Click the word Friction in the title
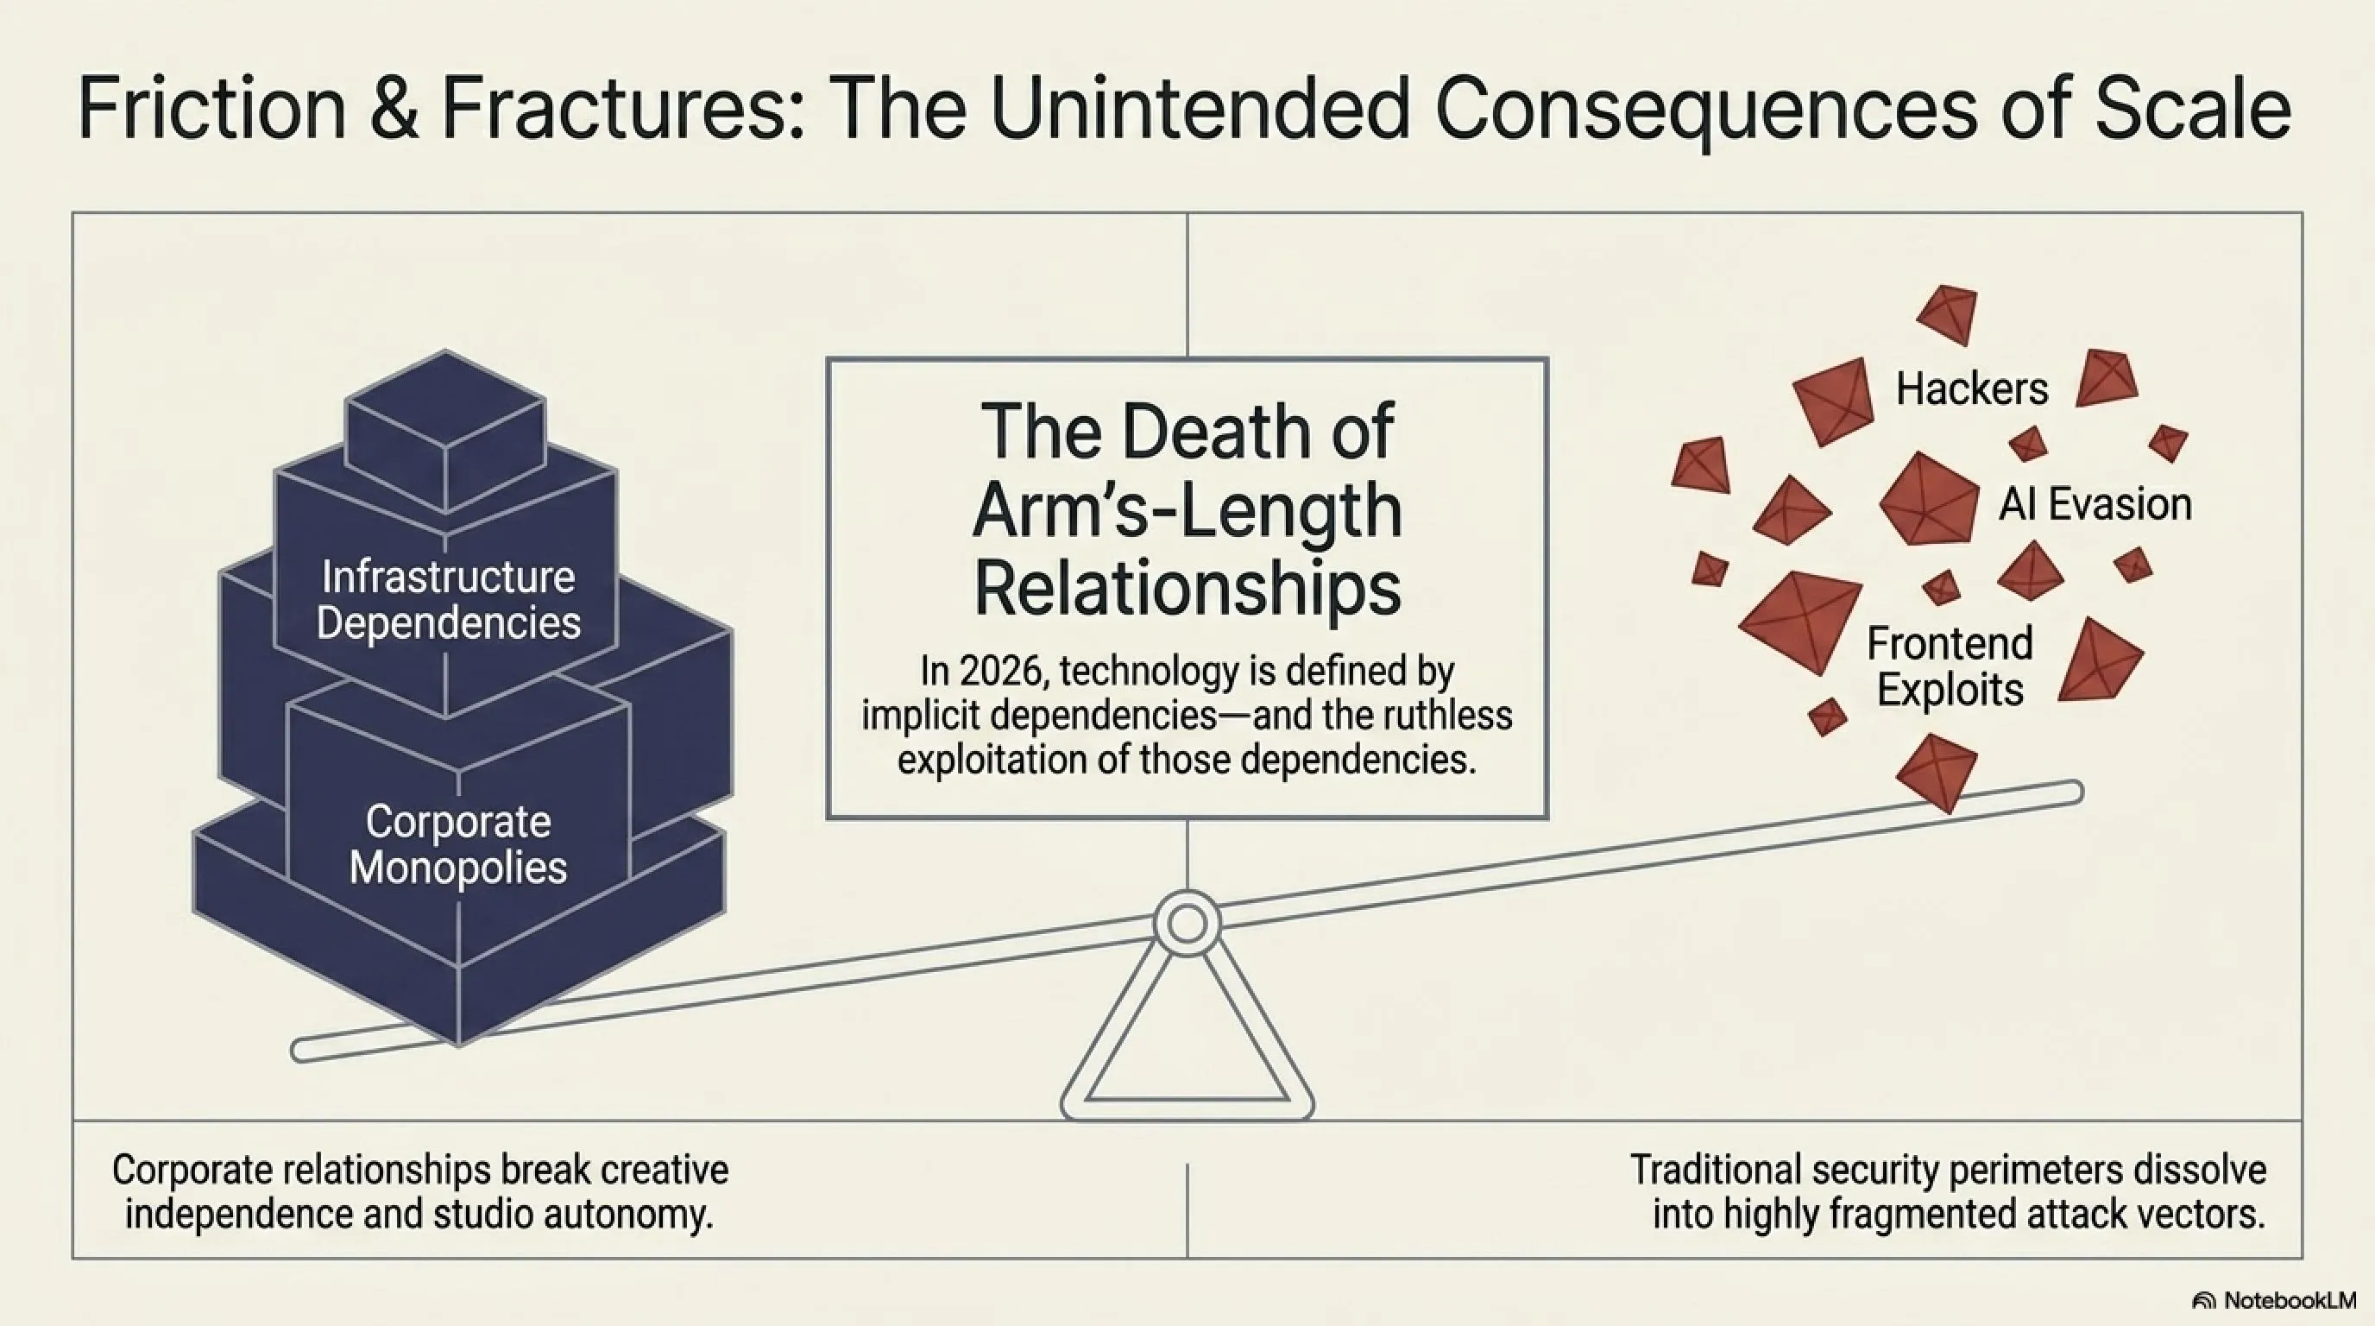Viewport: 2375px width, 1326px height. coord(212,109)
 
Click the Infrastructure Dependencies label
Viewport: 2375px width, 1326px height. coord(448,599)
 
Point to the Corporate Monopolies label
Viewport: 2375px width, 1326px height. coord(458,843)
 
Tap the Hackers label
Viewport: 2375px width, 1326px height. coord(1972,388)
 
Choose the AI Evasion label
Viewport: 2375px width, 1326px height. coord(2095,504)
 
